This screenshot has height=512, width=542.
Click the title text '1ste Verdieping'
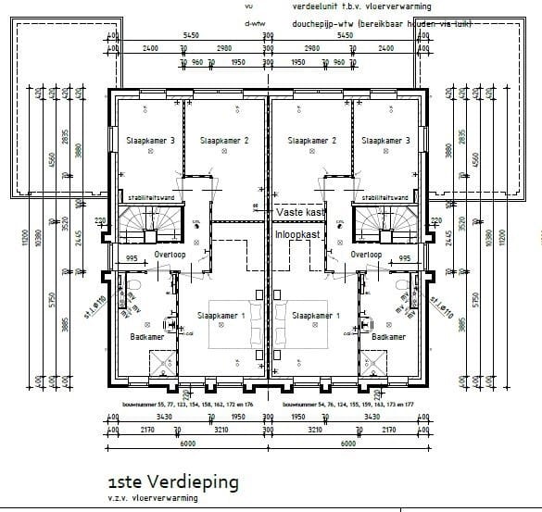point(173,482)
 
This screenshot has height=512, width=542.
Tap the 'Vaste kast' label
point(299,212)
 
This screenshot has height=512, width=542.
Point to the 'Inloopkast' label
point(299,235)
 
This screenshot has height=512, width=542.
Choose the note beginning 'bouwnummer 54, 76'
point(345,405)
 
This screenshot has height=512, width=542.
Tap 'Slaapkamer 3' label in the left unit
point(149,141)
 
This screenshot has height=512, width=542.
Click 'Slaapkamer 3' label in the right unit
point(385,141)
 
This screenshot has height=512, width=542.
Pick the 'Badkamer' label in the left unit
point(147,337)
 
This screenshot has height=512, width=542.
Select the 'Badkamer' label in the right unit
point(388,337)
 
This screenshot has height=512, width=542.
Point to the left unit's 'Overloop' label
point(172,254)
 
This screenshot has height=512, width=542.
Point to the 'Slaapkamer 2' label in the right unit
point(310,141)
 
